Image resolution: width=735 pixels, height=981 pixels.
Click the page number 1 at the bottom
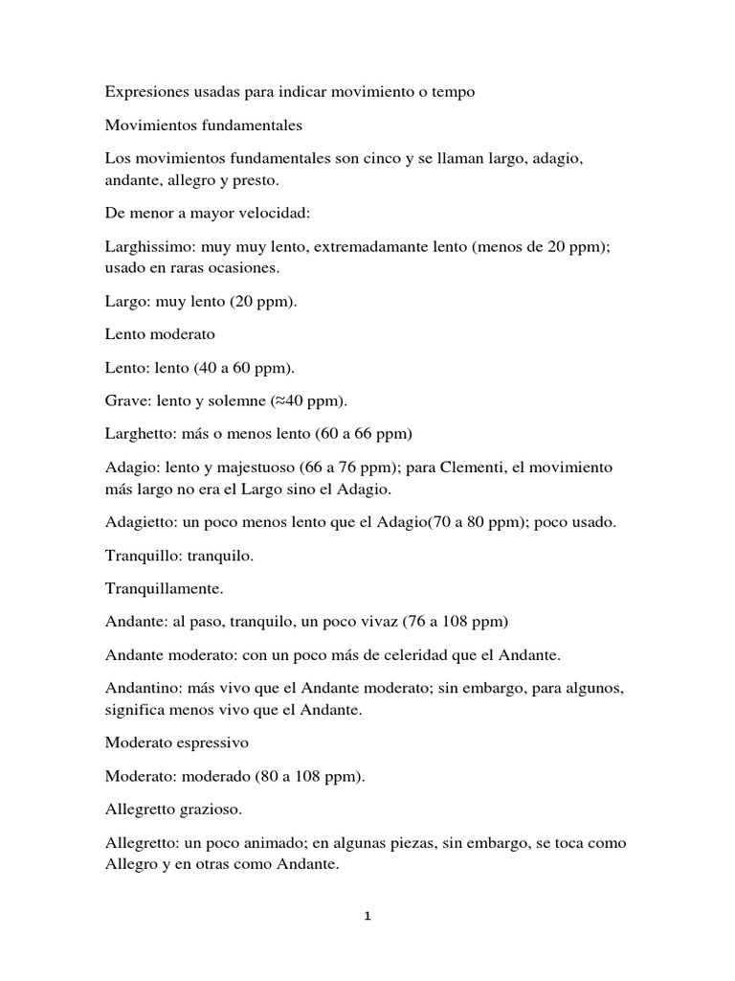[367, 916]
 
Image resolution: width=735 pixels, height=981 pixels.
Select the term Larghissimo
[149, 246]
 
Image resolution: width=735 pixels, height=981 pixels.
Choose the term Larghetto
[140, 433]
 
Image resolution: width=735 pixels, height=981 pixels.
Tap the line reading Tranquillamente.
[167, 588]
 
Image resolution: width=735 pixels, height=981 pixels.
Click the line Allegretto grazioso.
[173, 810]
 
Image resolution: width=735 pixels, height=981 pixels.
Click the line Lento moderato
[161, 334]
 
